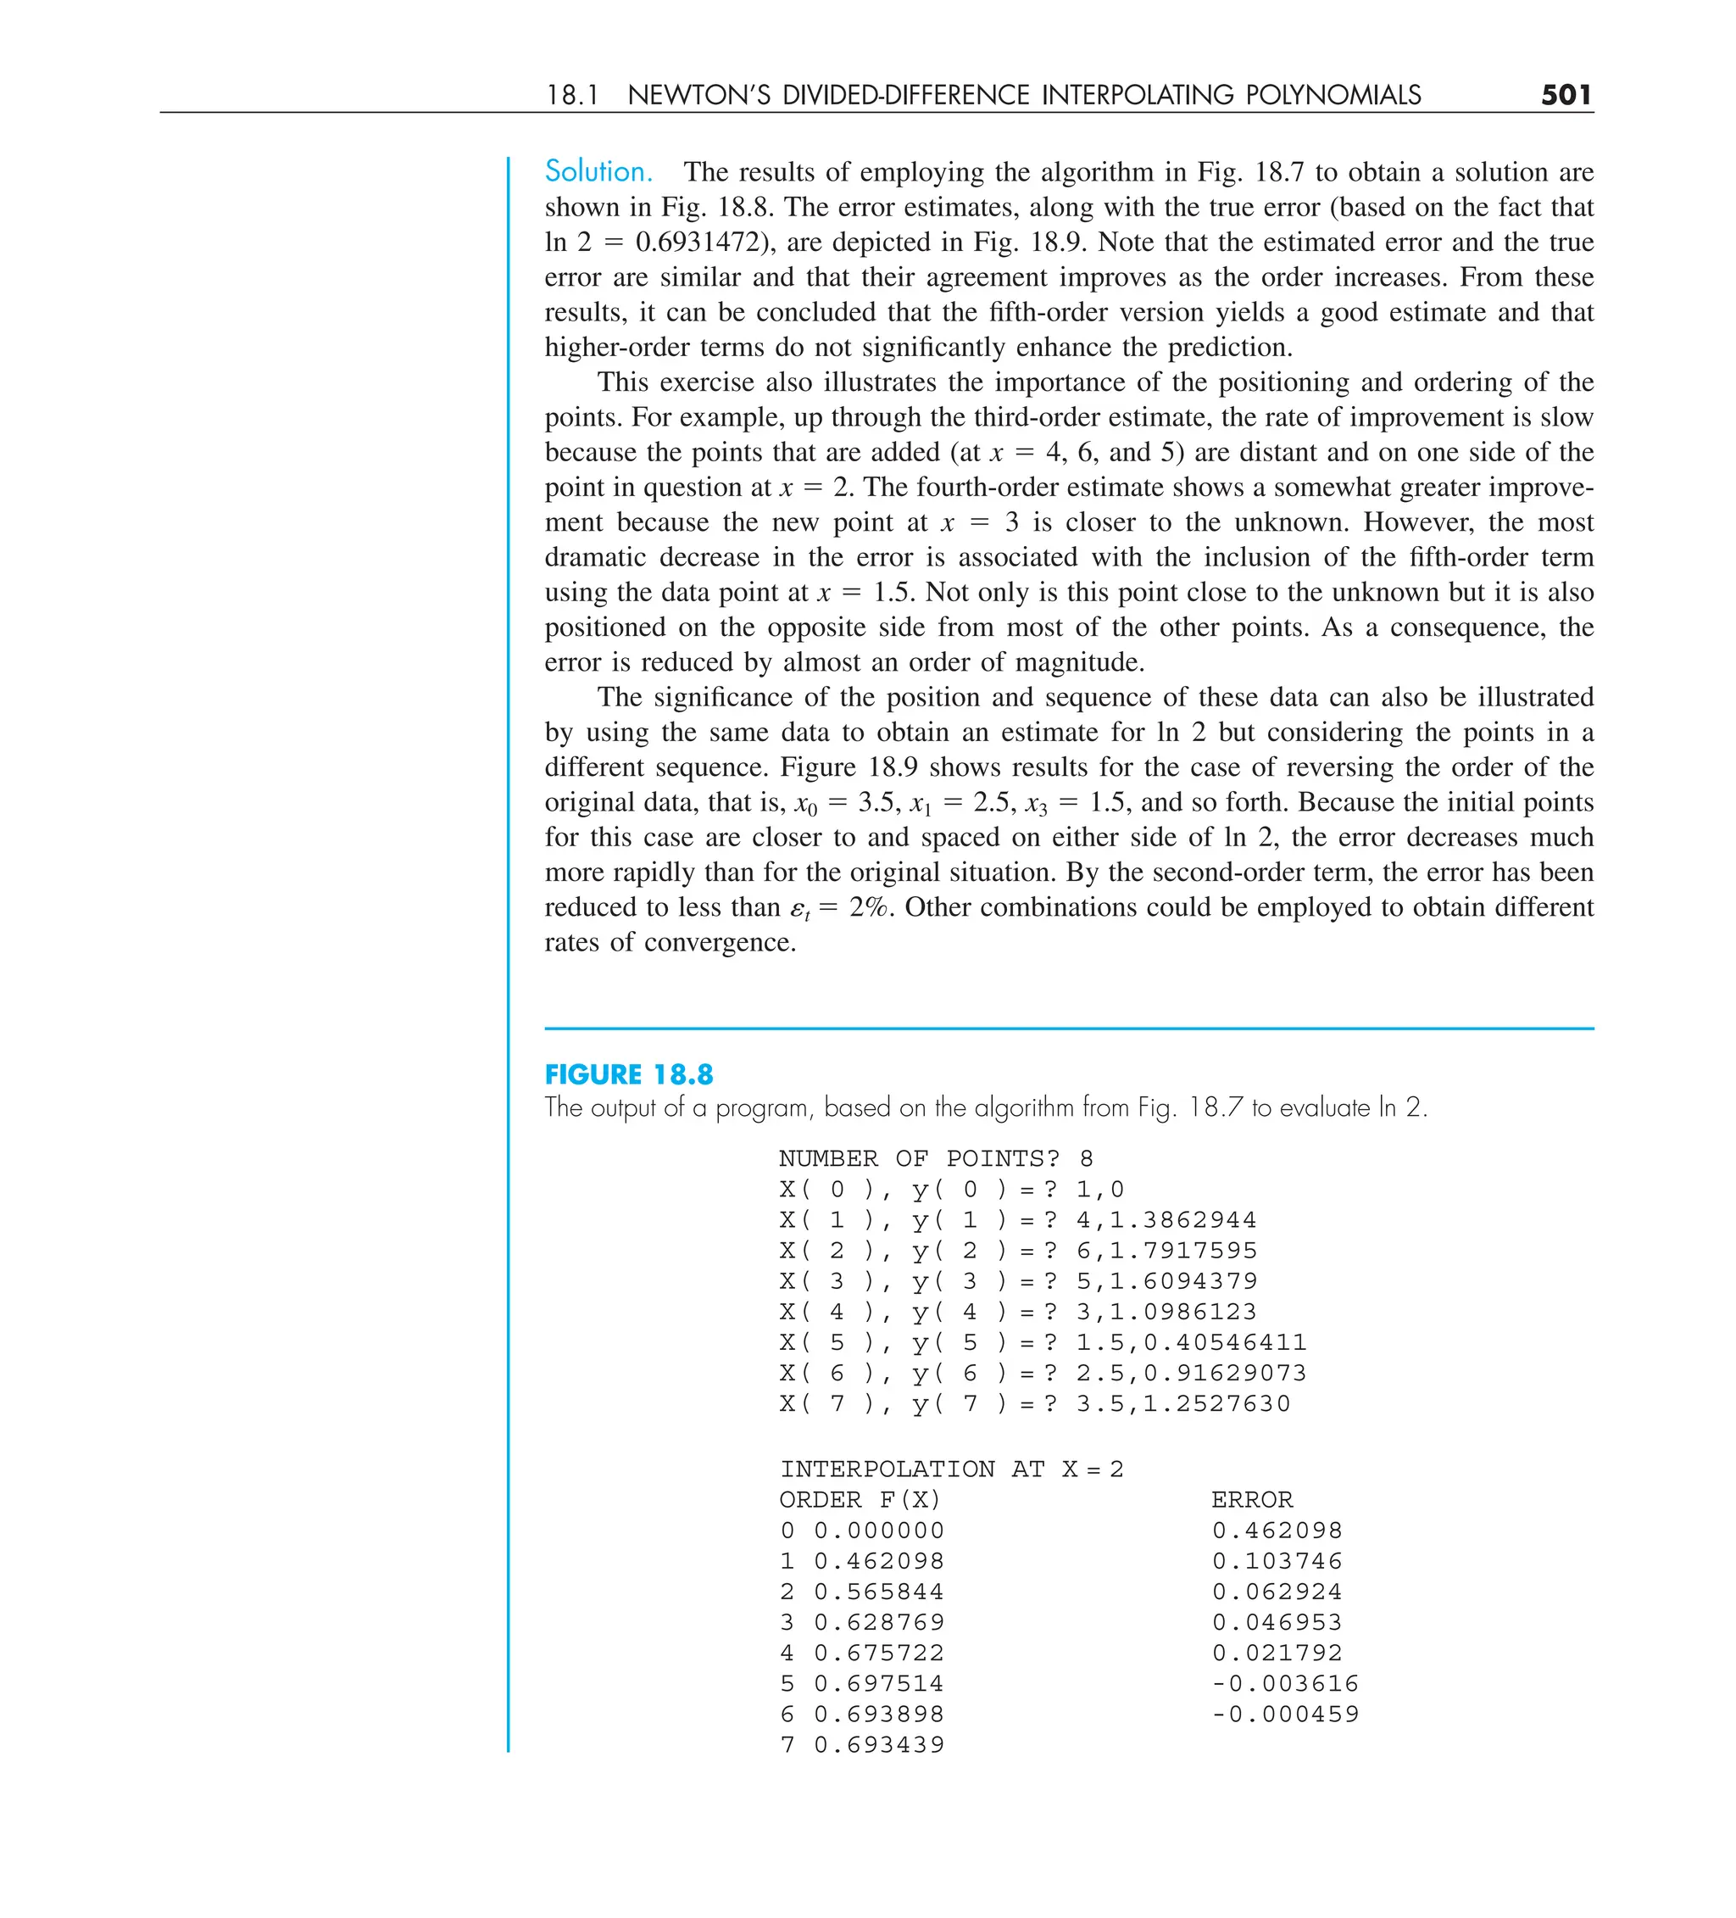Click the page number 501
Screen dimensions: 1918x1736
[1566, 95]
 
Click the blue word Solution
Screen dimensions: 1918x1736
[598, 172]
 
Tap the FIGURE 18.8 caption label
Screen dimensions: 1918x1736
[629, 1075]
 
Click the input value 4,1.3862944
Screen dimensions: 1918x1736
[1166, 1221]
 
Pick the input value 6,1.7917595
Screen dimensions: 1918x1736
[1166, 1251]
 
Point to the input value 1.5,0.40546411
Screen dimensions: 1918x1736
[1191, 1342]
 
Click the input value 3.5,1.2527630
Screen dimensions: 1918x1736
[1183, 1404]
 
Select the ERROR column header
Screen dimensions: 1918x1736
[1252, 1500]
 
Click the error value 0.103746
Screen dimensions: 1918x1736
[1277, 1561]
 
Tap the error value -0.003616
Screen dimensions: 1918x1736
[1285, 1684]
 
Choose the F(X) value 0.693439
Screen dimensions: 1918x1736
[879, 1745]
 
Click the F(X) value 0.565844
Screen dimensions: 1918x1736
[879, 1592]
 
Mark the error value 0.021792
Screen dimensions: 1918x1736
[1277, 1653]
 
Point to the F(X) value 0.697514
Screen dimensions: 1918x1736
[879, 1684]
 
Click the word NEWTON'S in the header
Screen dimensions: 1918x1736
[698, 95]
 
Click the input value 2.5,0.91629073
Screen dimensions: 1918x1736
[1191, 1374]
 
